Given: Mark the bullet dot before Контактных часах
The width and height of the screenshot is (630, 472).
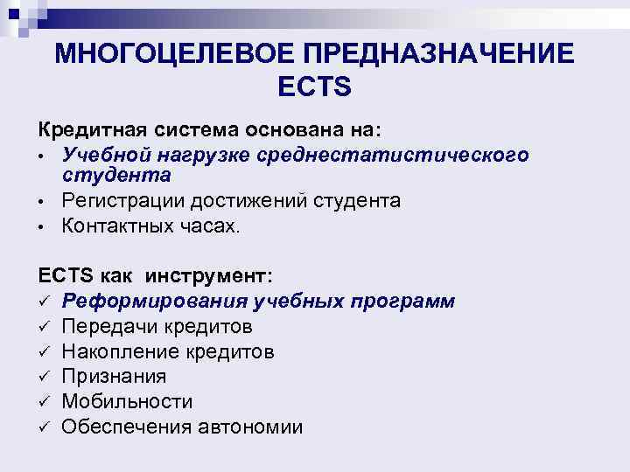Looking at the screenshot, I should click(x=41, y=226).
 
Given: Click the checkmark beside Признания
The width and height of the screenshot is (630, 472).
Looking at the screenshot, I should click(x=44, y=377).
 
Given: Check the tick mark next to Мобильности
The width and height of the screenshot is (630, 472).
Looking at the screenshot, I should click(x=44, y=402).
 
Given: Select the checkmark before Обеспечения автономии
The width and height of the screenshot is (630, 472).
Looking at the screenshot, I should click(x=44, y=427).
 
